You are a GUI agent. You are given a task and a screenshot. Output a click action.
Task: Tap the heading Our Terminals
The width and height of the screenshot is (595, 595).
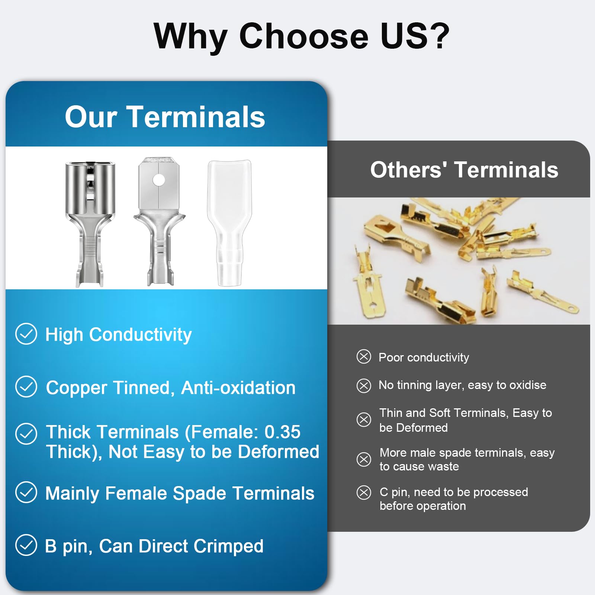[165, 117]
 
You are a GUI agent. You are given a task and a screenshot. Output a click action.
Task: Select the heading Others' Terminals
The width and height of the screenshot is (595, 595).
[464, 170]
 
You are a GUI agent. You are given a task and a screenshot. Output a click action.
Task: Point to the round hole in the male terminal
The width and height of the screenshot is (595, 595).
[159, 180]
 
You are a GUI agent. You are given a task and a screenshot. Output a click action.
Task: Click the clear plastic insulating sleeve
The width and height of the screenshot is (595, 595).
[229, 223]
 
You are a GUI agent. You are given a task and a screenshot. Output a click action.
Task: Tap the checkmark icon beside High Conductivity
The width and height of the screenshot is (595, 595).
[26, 334]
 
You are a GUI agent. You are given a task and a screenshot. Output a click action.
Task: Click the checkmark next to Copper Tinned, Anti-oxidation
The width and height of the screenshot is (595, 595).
[26, 387]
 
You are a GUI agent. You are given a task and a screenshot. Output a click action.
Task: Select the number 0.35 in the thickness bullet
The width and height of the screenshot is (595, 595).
[282, 432]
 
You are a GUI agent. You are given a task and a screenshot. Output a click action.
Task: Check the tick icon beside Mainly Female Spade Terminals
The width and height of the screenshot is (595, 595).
[26, 492]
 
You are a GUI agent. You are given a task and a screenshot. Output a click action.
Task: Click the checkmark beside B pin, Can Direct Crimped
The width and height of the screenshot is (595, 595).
[26, 545]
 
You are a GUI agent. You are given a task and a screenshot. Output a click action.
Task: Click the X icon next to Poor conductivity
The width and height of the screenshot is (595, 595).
[364, 356]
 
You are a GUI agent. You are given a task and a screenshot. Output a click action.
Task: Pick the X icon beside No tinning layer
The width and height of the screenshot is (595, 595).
[364, 386]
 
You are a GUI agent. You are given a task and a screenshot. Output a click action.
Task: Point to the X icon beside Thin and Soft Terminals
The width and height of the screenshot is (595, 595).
[364, 420]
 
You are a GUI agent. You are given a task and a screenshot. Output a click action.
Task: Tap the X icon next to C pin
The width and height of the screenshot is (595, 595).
[364, 492]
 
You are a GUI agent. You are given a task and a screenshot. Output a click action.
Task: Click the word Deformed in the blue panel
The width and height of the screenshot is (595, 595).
[279, 452]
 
